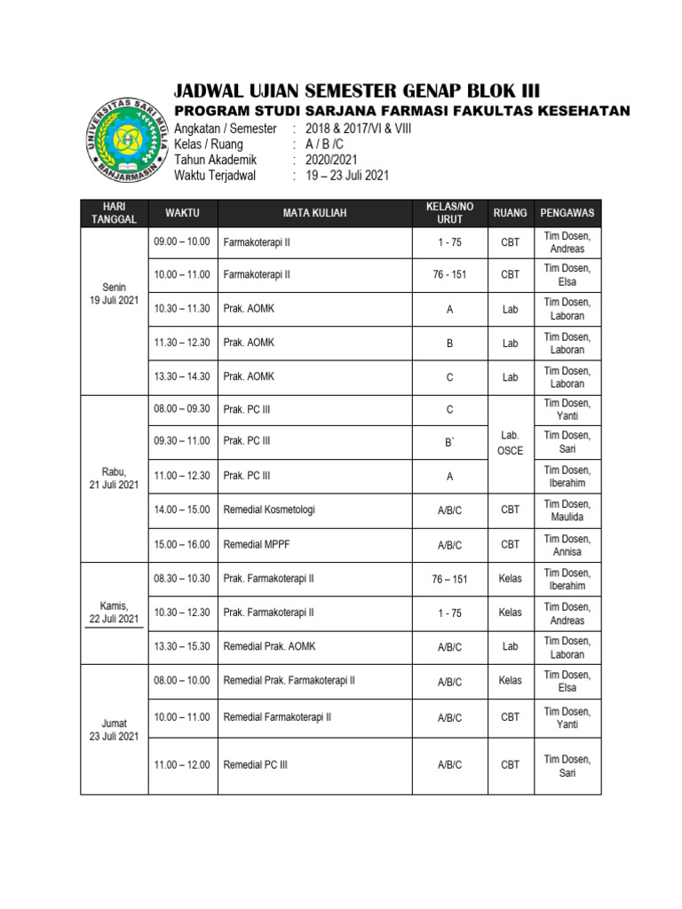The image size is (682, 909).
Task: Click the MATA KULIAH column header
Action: click(314, 213)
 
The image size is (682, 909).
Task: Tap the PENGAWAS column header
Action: click(567, 213)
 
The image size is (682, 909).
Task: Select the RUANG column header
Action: click(510, 213)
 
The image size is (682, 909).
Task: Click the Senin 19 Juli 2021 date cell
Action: click(114, 294)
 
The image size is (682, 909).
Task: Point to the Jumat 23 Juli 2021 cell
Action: click(114, 730)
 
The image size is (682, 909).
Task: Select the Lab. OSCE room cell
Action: click(510, 443)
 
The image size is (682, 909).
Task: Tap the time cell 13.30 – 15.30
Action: click(182, 646)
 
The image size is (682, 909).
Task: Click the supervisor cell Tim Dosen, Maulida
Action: click(567, 510)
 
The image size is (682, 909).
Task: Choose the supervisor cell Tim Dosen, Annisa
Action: click(567, 544)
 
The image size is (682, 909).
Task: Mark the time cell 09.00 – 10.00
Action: click(182, 241)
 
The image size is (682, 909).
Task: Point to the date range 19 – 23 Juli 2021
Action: click(347, 175)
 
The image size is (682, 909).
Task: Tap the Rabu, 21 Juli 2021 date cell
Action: click(114, 478)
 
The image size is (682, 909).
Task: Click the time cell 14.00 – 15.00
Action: click(182, 510)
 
